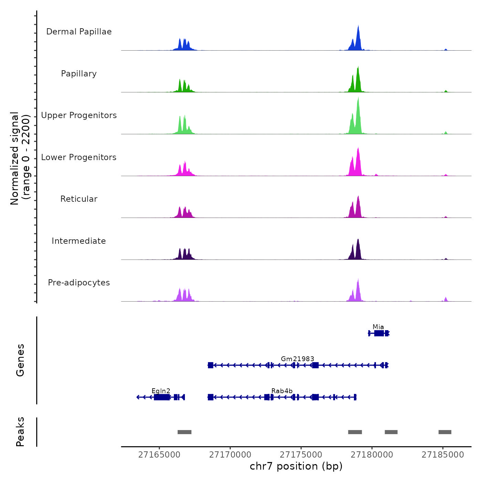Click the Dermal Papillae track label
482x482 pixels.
coord(79,32)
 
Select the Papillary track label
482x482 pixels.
coord(79,74)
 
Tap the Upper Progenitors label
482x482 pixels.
coord(79,115)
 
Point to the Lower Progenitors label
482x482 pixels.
coord(79,157)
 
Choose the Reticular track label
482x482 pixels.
coord(79,199)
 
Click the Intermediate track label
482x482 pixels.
coord(79,241)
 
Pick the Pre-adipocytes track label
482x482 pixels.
coord(79,283)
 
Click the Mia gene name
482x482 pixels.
coord(378,327)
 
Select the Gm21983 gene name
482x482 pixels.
coord(297,359)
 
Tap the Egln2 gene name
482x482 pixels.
coord(161,391)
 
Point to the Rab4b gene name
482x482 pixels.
coord(282,391)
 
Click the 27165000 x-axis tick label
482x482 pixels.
coord(159,455)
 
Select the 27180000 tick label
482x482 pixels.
coord(372,455)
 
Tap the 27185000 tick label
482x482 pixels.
coord(443,455)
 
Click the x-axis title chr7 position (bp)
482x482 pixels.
coord(296,466)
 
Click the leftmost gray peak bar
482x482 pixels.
coord(185,432)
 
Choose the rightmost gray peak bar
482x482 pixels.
coord(445,432)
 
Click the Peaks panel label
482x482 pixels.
coord(20,432)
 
